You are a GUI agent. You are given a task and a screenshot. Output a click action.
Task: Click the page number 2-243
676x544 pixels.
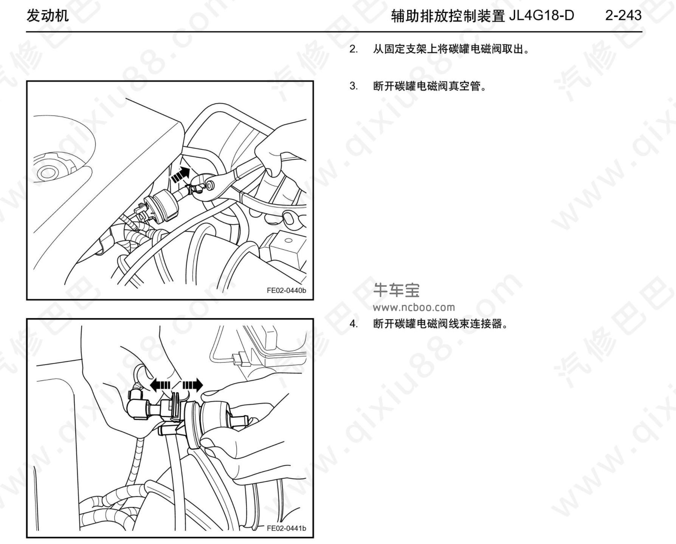pos(623,15)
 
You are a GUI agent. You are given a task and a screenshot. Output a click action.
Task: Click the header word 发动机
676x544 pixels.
pos(47,16)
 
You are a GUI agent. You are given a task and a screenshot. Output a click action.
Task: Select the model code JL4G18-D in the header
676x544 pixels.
pos(541,15)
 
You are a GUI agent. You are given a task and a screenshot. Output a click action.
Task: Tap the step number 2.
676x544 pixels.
pos(353,49)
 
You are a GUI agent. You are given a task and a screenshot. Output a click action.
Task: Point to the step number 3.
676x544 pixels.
pos(353,86)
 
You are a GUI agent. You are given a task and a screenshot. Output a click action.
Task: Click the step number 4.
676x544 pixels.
pos(353,324)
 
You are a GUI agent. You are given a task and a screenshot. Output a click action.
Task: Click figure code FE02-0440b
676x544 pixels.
pos(286,291)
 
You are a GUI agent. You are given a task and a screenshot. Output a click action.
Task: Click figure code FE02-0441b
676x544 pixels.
pos(286,528)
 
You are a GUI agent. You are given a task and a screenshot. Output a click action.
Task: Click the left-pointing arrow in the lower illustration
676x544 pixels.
pos(160,385)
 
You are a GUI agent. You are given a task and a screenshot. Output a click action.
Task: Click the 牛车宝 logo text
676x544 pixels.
pos(396,290)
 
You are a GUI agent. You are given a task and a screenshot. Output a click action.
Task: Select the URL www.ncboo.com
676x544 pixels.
pos(414,307)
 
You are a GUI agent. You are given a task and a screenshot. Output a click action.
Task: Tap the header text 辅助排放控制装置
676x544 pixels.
pos(448,16)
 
